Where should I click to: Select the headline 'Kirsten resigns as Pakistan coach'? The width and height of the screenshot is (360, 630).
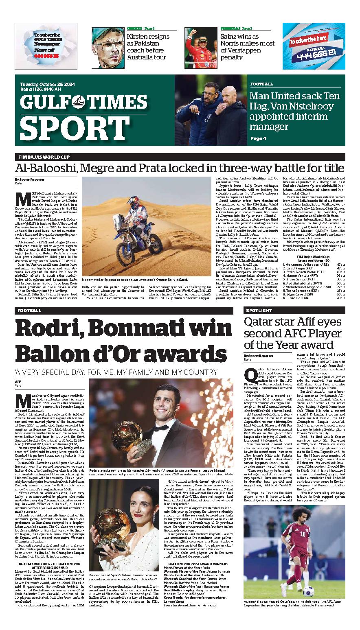(x=148, y=47)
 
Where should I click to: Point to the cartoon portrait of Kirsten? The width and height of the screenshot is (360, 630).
(x=108, y=48)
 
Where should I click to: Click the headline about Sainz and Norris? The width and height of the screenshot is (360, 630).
(x=247, y=47)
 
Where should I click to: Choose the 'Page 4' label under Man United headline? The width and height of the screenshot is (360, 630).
(x=258, y=138)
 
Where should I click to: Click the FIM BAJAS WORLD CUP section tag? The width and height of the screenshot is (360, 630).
(x=44, y=157)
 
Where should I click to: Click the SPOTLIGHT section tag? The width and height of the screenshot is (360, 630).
(x=259, y=311)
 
